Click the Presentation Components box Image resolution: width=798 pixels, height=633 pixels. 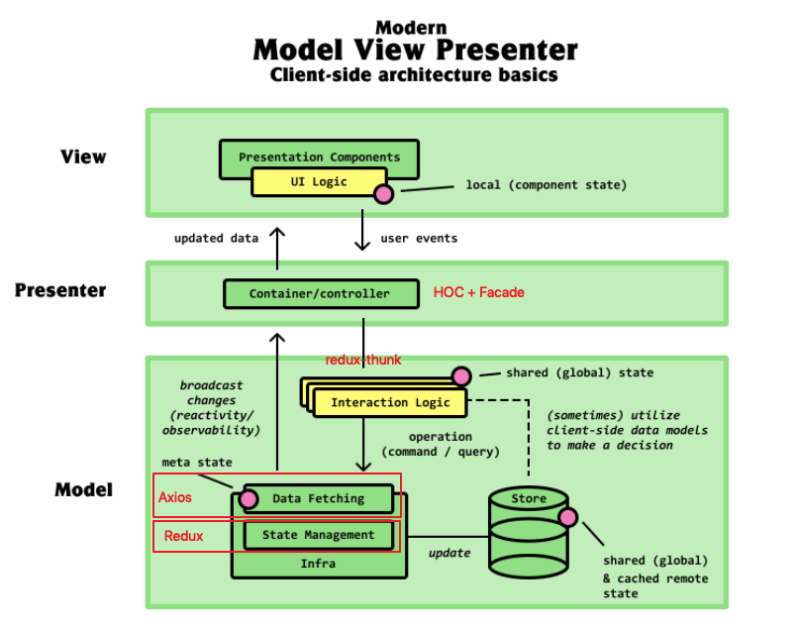pos(319,157)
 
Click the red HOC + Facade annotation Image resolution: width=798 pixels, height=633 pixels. pos(478,292)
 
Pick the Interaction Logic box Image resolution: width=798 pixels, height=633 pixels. pos(390,402)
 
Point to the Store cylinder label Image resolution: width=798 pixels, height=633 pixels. pos(529,498)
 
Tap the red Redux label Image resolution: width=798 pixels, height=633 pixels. pos(183,536)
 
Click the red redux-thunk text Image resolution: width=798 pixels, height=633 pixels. pos(363,360)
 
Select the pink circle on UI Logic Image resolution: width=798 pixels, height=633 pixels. pos(382,193)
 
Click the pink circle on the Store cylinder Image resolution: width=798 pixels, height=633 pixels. pos(568,517)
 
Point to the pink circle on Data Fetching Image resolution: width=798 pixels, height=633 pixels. pos(249,498)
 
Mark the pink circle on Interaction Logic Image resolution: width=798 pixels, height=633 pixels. pos(460,375)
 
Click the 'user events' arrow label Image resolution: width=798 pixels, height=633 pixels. pos(419,239)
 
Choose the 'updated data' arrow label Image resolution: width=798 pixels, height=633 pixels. pos(216,239)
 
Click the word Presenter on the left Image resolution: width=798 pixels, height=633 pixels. pos(61,291)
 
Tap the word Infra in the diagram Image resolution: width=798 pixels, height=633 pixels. pos(319,563)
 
